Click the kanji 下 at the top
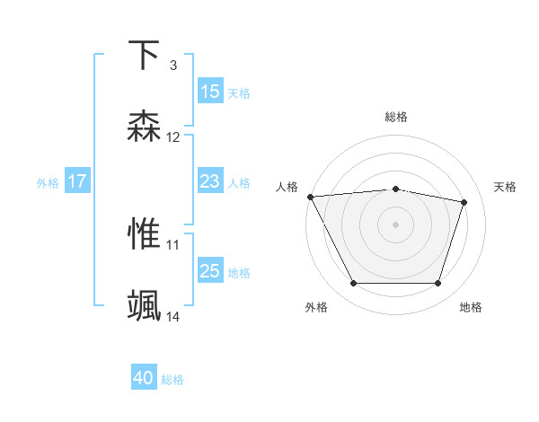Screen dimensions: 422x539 tap(145, 56)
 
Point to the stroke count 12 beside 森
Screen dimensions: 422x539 tap(173, 137)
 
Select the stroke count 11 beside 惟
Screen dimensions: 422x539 tap(173, 243)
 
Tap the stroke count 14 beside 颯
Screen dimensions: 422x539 tap(173, 316)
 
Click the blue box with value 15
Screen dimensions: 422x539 tap(210, 92)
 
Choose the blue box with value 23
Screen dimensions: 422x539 tap(210, 181)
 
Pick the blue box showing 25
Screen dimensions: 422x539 tap(210, 271)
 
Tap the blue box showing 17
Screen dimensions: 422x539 tap(77, 181)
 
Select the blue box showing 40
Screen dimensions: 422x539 tap(144, 379)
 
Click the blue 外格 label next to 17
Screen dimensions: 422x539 tap(48, 182)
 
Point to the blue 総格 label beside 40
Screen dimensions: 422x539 tap(172, 380)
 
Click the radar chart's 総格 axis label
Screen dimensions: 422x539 tap(396, 117)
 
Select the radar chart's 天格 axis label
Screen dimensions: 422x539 tap(506, 187)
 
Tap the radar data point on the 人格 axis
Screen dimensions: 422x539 tap(310, 197)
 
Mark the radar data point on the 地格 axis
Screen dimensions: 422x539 tap(438, 284)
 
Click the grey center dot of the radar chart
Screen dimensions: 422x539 tap(396, 224)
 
